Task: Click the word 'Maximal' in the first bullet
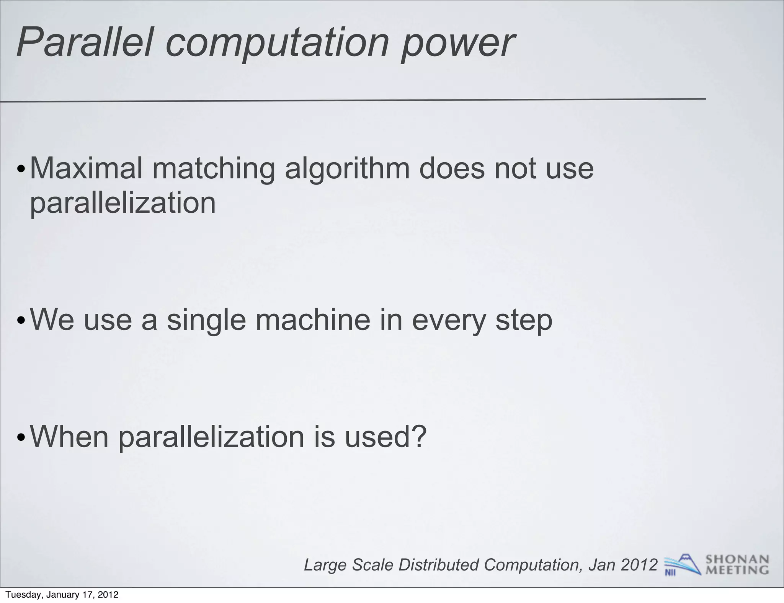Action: pos(86,168)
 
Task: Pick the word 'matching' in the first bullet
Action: pos(214,169)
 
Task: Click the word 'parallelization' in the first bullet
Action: pos(123,203)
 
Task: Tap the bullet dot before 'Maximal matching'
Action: pos(21,169)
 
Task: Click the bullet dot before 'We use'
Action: pos(21,321)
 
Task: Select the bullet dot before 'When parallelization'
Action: pos(21,438)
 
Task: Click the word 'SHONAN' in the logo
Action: pos(737,560)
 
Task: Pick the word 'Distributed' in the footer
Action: pos(439,565)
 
